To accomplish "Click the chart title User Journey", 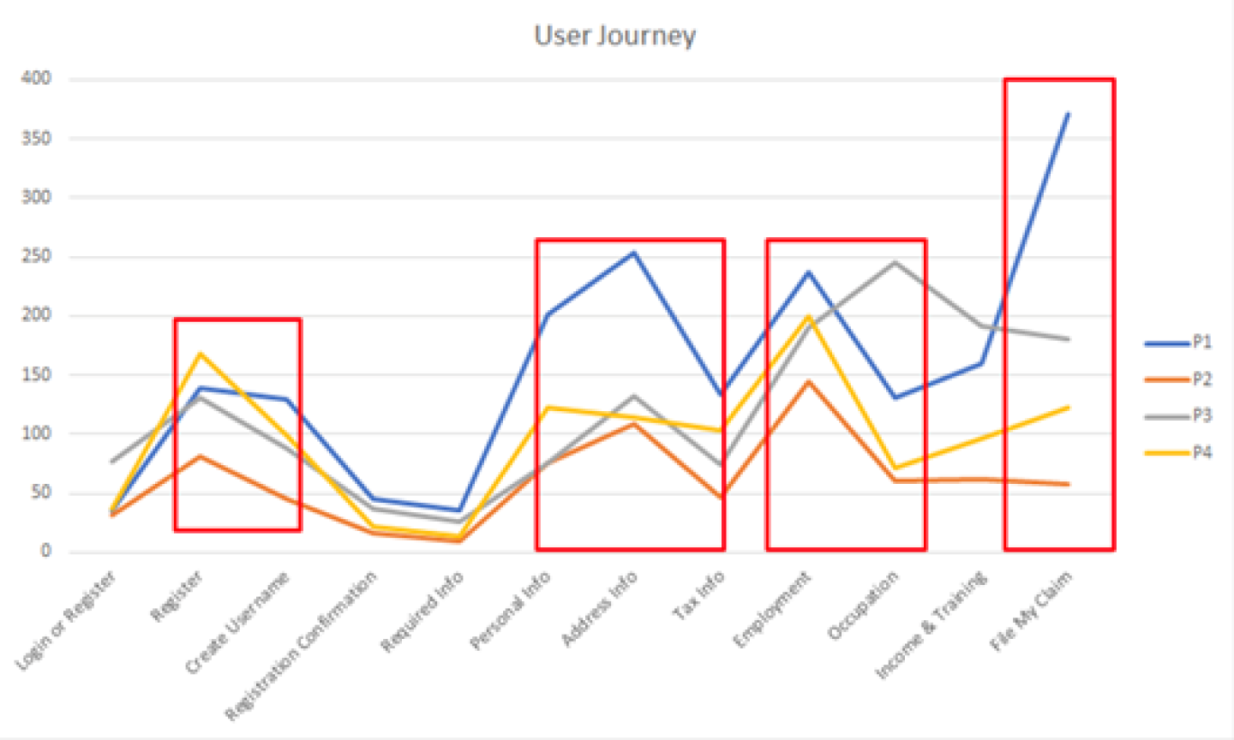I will (x=614, y=36).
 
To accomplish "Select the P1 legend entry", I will (x=1201, y=343).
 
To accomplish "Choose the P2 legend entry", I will (x=1201, y=379).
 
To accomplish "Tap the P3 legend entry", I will (x=1201, y=416).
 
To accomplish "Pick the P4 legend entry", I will (x=1201, y=452).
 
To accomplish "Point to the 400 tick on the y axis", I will (x=37, y=79).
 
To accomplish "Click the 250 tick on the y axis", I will (x=37, y=256).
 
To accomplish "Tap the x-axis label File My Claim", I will (x=1031, y=611).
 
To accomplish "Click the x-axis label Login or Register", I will (x=66, y=620).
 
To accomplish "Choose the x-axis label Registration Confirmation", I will (x=301, y=646).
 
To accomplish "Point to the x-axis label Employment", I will (x=772, y=609).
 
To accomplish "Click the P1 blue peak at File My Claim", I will (x=1068, y=114).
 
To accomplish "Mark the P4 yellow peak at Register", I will (x=200, y=353).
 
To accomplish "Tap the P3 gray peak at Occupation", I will (x=895, y=262).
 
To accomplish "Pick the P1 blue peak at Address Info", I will (x=633, y=253).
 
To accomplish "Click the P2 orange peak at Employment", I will (x=807, y=381).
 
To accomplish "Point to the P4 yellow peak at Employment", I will (x=807, y=316).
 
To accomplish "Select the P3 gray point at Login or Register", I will (x=112, y=461).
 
